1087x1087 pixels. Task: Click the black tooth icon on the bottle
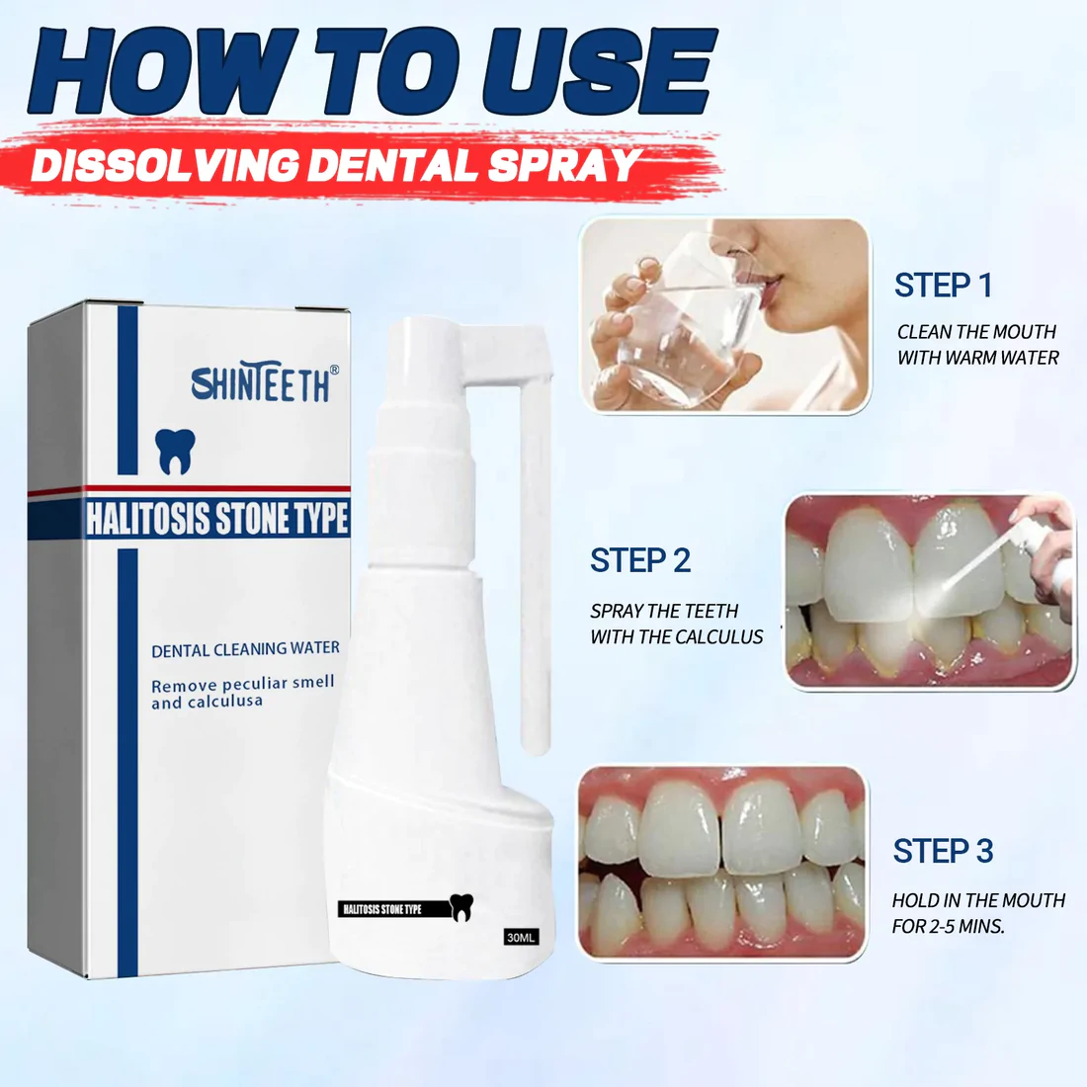[461, 907]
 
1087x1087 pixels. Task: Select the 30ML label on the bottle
[521, 937]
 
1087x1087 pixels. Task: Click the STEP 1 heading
[943, 285]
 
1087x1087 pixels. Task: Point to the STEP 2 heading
[640, 560]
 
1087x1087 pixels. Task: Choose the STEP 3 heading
[943, 851]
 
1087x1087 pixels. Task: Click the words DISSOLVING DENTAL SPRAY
[335, 166]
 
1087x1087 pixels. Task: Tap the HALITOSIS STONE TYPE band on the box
[217, 519]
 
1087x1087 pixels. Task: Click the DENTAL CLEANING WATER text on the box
[245, 649]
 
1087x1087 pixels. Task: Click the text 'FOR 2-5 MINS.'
[949, 926]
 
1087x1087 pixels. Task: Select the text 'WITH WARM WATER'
[978, 358]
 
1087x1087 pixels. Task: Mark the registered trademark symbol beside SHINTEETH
[335, 371]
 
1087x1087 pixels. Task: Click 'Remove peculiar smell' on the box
[243, 684]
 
